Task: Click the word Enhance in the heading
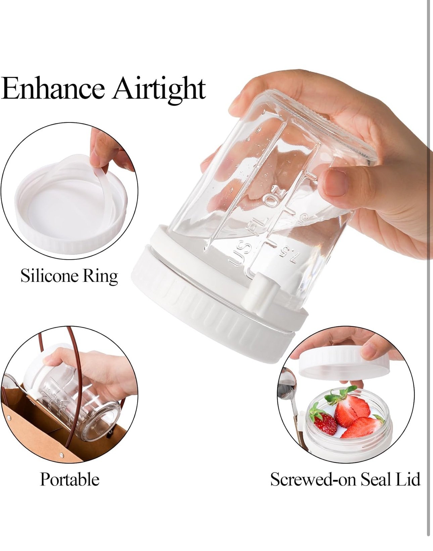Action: tap(53, 88)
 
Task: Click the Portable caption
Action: tap(69, 479)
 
